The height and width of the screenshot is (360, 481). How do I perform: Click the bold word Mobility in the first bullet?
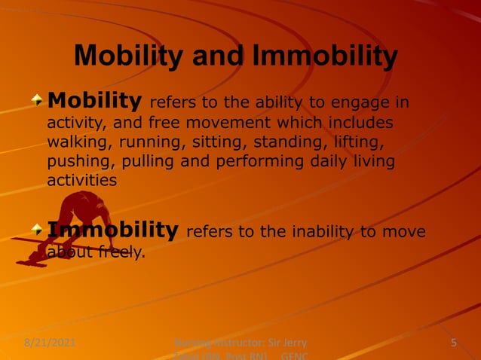94,100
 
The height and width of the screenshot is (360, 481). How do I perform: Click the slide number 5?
454,343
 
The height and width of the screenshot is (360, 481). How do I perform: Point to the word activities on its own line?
82,181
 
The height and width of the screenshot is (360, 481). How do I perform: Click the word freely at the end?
120,252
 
